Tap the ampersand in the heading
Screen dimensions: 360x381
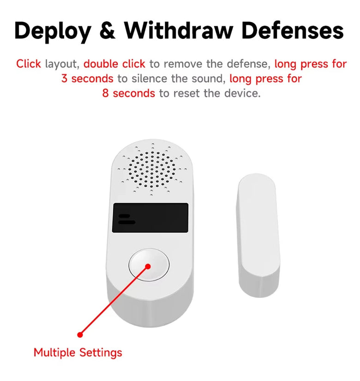[x=108, y=30]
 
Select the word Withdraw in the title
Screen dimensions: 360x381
[x=179, y=30]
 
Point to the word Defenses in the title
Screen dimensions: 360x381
[x=293, y=30]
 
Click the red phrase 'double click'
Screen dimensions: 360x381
[x=114, y=64]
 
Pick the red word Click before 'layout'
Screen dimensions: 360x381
[x=29, y=64]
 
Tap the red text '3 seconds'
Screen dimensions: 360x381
[x=87, y=79]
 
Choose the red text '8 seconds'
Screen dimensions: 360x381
[x=128, y=93]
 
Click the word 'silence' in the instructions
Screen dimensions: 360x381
[x=150, y=79]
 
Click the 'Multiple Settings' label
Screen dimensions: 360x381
[x=78, y=352]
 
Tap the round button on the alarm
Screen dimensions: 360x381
[x=149, y=265]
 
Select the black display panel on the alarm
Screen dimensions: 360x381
[x=150, y=218]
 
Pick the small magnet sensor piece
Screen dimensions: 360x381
[x=258, y=235]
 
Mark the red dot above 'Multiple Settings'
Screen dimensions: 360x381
[x=80, y=335]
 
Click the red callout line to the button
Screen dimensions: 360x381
[x=114, y=301]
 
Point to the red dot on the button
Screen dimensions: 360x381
[x=148, y=266]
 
